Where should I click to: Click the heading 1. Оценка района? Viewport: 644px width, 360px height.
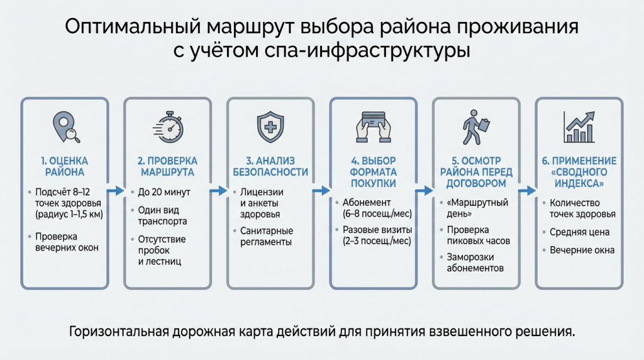tap(64, 166)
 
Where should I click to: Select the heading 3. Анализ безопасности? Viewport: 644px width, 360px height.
tap(270, 166)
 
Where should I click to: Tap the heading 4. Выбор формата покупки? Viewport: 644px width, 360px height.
tap(374, 172)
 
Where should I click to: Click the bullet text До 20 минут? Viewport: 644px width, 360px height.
tap(164, 192)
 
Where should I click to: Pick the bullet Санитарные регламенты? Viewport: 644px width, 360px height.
tap(267, 237)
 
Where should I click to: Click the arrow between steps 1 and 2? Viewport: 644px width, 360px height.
tap(115, 190)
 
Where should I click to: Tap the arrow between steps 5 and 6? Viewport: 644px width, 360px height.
tap(527, 190)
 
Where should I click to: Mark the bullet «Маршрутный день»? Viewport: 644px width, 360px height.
tap(479, 208)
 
